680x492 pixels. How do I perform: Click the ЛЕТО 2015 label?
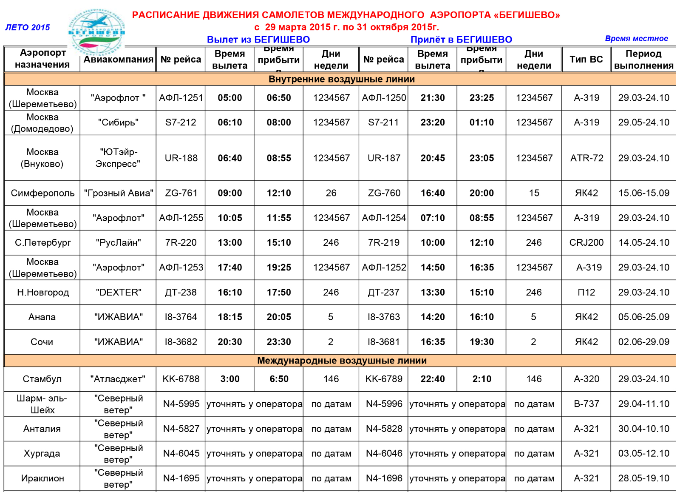pyautogui.click(x=28, y=28)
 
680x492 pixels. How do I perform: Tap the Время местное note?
pyautogui.click(x=636, y=39)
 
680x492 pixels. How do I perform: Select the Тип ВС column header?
pyautogui.click(x=586, y=60)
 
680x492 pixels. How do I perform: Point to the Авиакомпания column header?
pyautogui.click(x=118, y=60)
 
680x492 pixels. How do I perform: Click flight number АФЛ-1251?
pyautogui.click(x=181, y=98)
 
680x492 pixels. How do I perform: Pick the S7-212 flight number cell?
pyautogui.click(x=181, y=122)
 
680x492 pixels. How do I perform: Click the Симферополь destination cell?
pyautogui.click(x=42, y=193)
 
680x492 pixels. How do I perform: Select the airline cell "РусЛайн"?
pyautogui.click(x=118, y=243)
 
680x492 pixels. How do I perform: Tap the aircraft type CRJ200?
pyautogui.click(x=586, y=243)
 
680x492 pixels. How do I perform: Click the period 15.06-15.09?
pyautogui.click(x=643, y=193)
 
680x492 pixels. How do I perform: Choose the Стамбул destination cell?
pyautogui.click(x=42, y=379)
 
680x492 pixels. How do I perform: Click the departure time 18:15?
pyautogui.click(x=230, y=317)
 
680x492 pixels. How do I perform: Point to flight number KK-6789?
pyautogui.click(x=384, y=379)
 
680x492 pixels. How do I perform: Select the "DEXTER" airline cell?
pyautogui.click(x=118, y=293)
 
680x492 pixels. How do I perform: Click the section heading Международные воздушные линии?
pyautogui.click(x=342, y=361)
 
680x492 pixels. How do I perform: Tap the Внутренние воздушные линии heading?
pyautogui.click(x=342, y=79)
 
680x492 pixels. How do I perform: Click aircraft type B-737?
pyautogui.click(x=586, y=404)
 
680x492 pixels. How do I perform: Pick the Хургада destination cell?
pyautogui.click(x=42, y=454)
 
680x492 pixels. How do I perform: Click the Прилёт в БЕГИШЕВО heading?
pyautogui.click(x=461, y=40)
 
